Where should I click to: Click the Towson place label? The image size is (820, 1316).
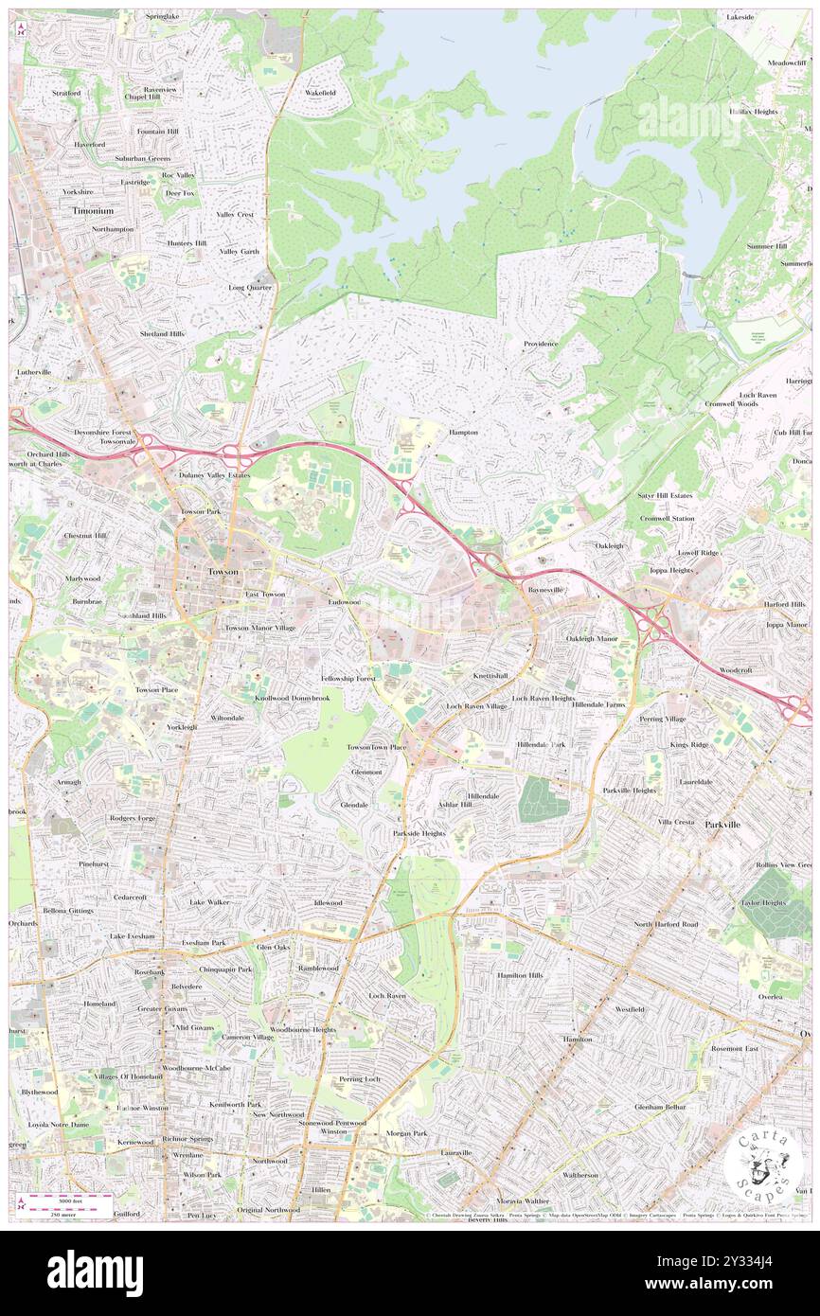(x=223, y=573)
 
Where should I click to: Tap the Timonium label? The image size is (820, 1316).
(x=93, y=211)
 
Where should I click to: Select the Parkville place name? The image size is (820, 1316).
(x=722, y=825)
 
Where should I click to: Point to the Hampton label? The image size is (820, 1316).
(x=463, y=432)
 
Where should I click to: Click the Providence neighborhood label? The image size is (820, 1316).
(x=542, y=344)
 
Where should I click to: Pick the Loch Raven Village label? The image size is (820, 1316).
(x=476, y=706)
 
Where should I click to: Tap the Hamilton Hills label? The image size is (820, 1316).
(x=520, y=975)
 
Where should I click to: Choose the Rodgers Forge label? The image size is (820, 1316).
(x=133, y=818)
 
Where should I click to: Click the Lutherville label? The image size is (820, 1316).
(x=33, y=372)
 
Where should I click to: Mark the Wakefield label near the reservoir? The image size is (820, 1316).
(x=320, y=93)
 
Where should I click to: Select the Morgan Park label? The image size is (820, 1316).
(x=406, y=1133)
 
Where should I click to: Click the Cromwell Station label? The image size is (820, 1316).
(x=667, y=519)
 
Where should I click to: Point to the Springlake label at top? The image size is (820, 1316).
(x=162, y=17)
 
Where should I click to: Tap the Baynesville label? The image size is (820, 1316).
(x=544, y=589)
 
